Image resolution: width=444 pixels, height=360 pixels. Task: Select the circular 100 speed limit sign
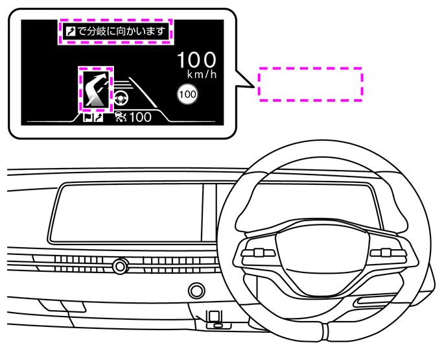tap(187, 95)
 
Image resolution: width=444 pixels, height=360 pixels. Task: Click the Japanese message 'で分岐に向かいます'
tap(123, 30)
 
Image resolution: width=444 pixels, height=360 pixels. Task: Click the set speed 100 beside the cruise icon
tap(140, 117)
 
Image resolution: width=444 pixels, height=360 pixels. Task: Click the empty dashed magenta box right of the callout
tap(310, 84)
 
